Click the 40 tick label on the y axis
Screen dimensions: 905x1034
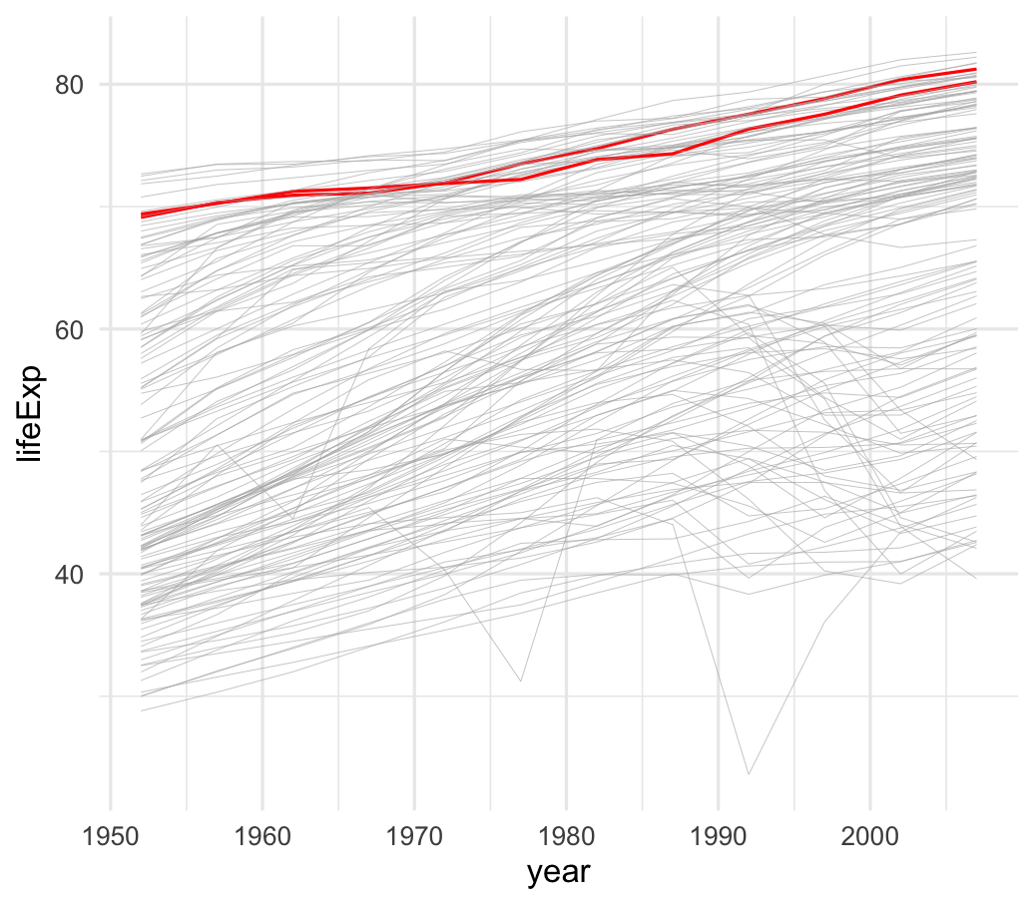[x=68, y=575]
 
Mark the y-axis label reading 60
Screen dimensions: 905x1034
[x=68, y=329]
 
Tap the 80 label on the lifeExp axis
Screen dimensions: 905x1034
[x=68, y=84]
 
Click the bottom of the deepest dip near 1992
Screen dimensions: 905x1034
[x=748, y=773]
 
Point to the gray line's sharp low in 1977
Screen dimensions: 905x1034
[x=520, y=681]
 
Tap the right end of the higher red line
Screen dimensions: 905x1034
[x=975, y=69]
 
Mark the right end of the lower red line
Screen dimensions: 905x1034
[x=975, y=82]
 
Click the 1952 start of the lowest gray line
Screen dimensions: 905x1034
[x=142, y=710]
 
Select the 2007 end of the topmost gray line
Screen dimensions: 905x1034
[x=975, y=53]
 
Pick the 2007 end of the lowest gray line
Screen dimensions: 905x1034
[x=975, y=579]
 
